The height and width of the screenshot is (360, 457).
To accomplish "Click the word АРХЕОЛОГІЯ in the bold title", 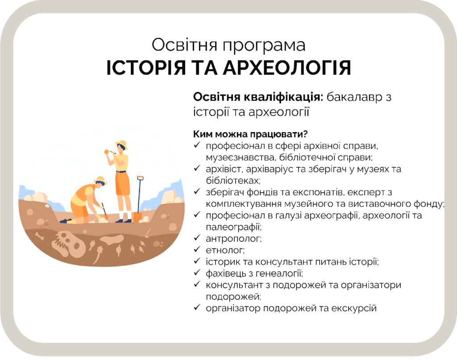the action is pyautogui.click(x=287, y=68).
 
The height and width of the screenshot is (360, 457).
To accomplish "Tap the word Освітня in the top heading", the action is pyautogui.click(x=184, y=45).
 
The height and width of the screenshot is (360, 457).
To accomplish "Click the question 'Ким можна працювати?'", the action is pyautogui.click(x=250, y=134).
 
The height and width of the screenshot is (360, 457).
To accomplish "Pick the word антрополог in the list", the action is pyautogui.click(x=233, y=239).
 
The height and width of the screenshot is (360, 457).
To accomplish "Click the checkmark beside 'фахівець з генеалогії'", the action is pyautogui.click(x=197, y=273).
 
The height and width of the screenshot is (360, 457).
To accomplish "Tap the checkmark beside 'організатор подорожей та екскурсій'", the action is pyautogui.click(x=197, y=307).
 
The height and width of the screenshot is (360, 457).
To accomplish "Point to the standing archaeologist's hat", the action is pyautogui.click(x=121, y=144).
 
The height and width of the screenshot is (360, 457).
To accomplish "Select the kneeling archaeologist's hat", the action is pyautogui.click(x=100, y=180).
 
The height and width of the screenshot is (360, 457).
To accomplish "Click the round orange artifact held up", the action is pyautogui.click(x=107, y=152).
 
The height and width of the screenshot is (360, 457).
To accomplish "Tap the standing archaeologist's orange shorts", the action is pyautogui.click(x=122, y=183).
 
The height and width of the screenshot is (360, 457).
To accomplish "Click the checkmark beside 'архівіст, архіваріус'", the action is pyautogui.click(x=197, y=168).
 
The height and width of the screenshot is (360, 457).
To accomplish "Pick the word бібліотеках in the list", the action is pyautogui.click(x=233, y=181).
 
